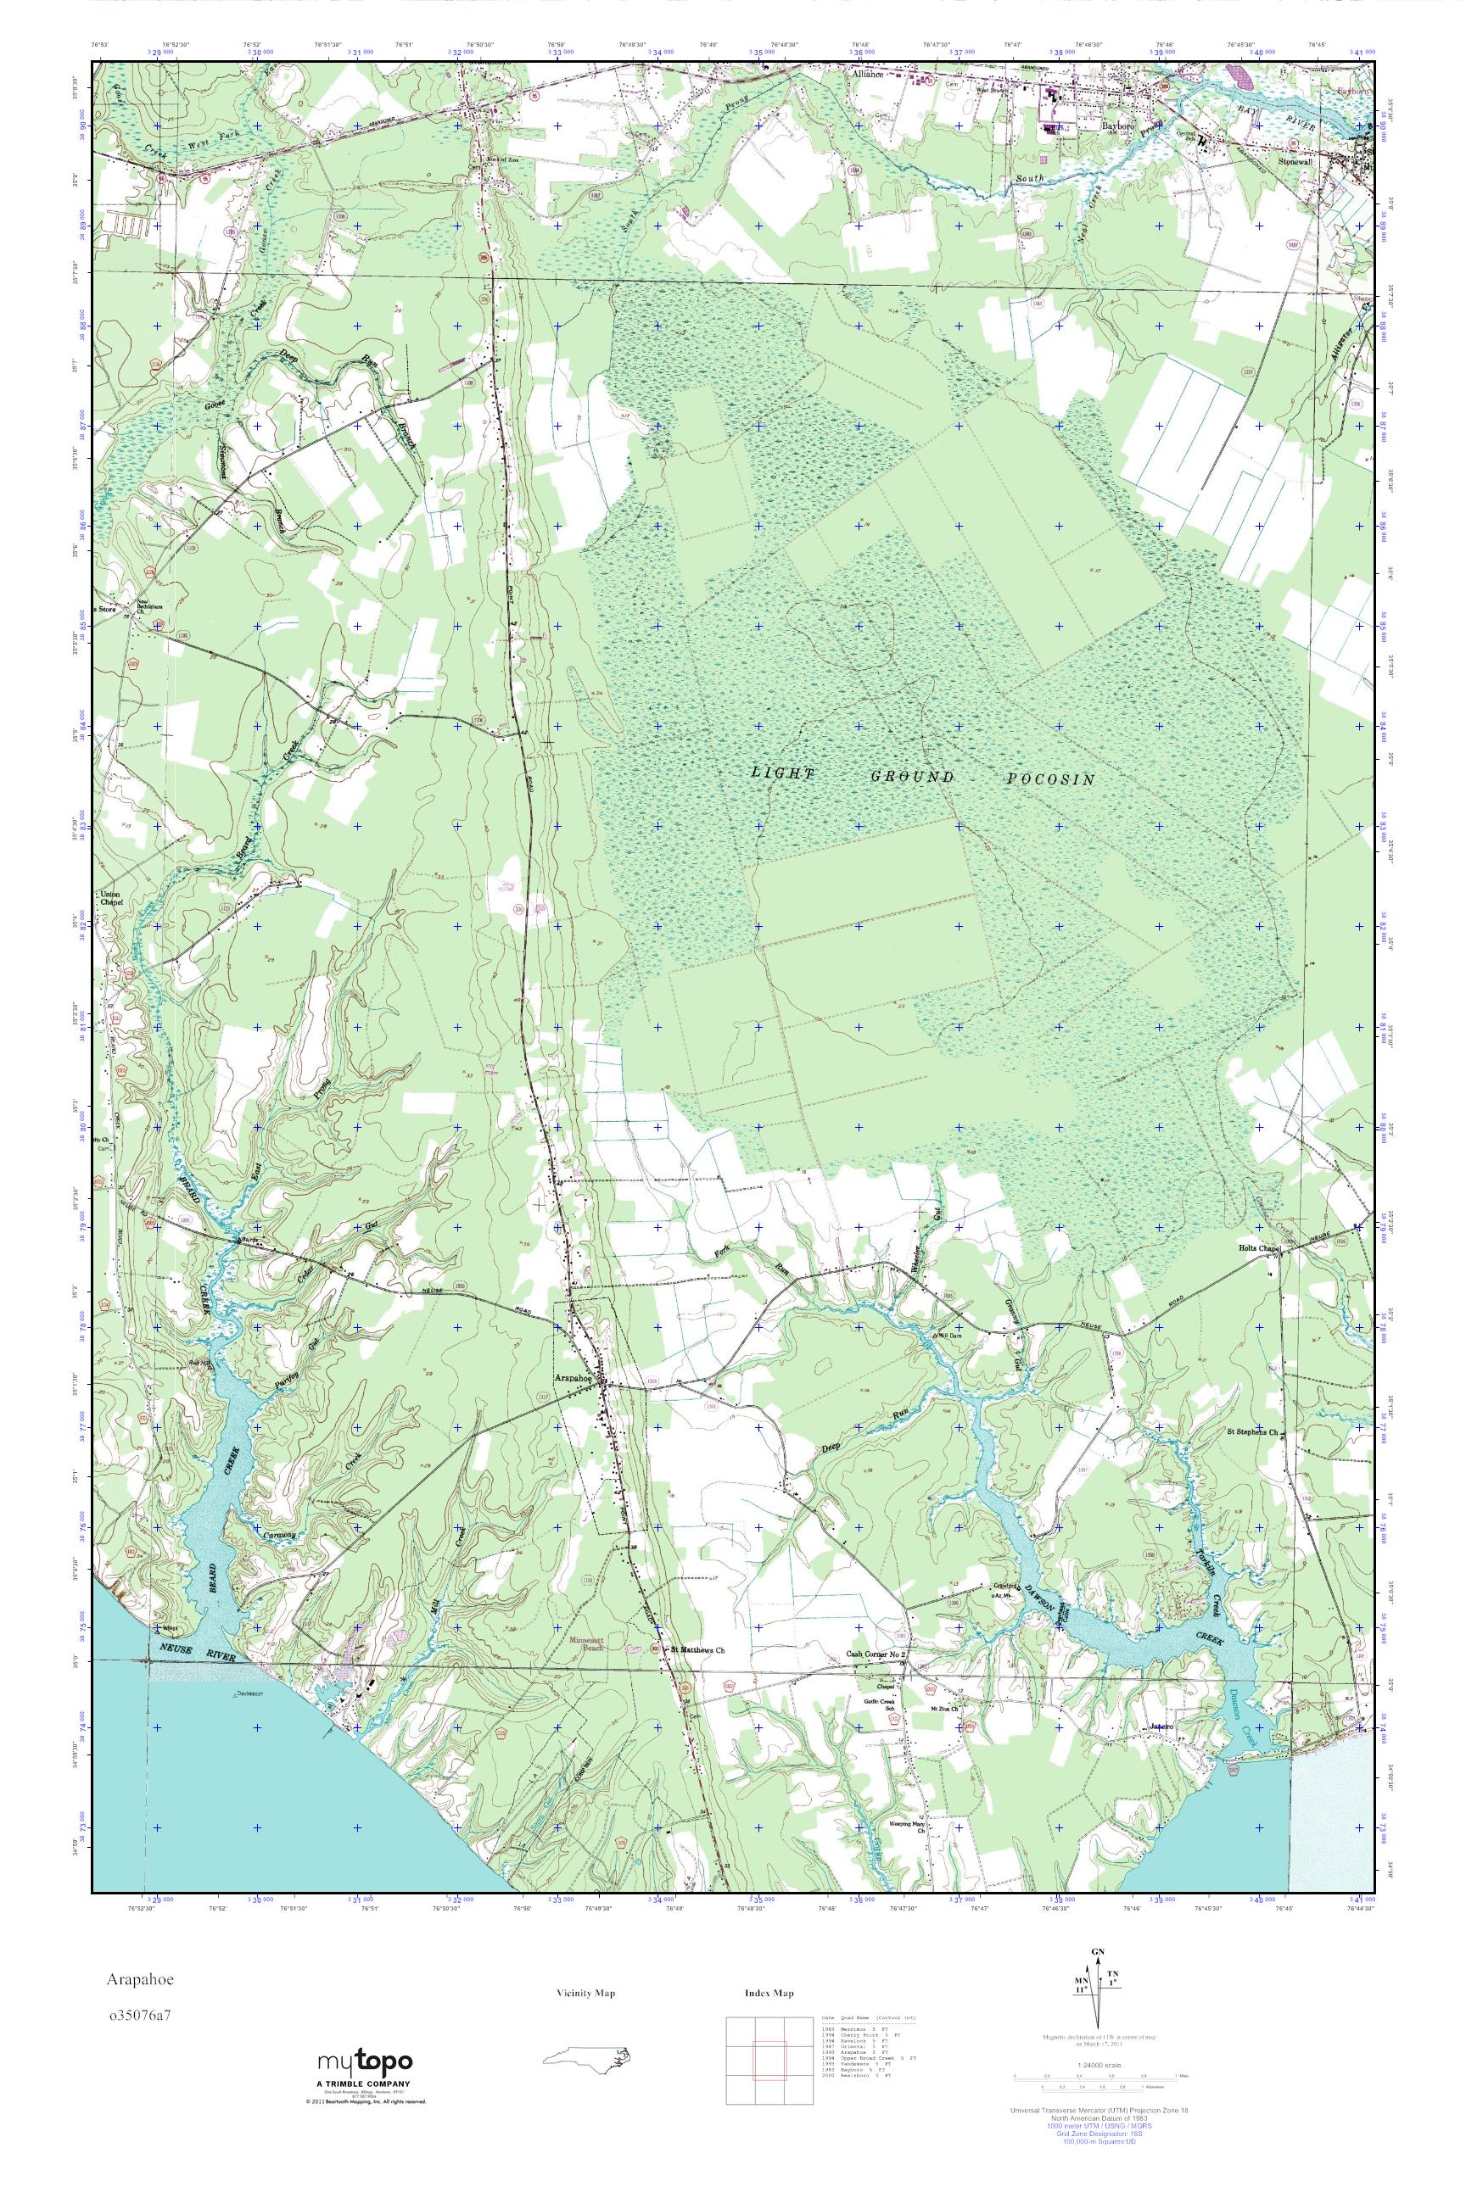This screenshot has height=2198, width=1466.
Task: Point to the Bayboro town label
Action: (1116, 125)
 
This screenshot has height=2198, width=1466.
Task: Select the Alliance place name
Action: (867, 74)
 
